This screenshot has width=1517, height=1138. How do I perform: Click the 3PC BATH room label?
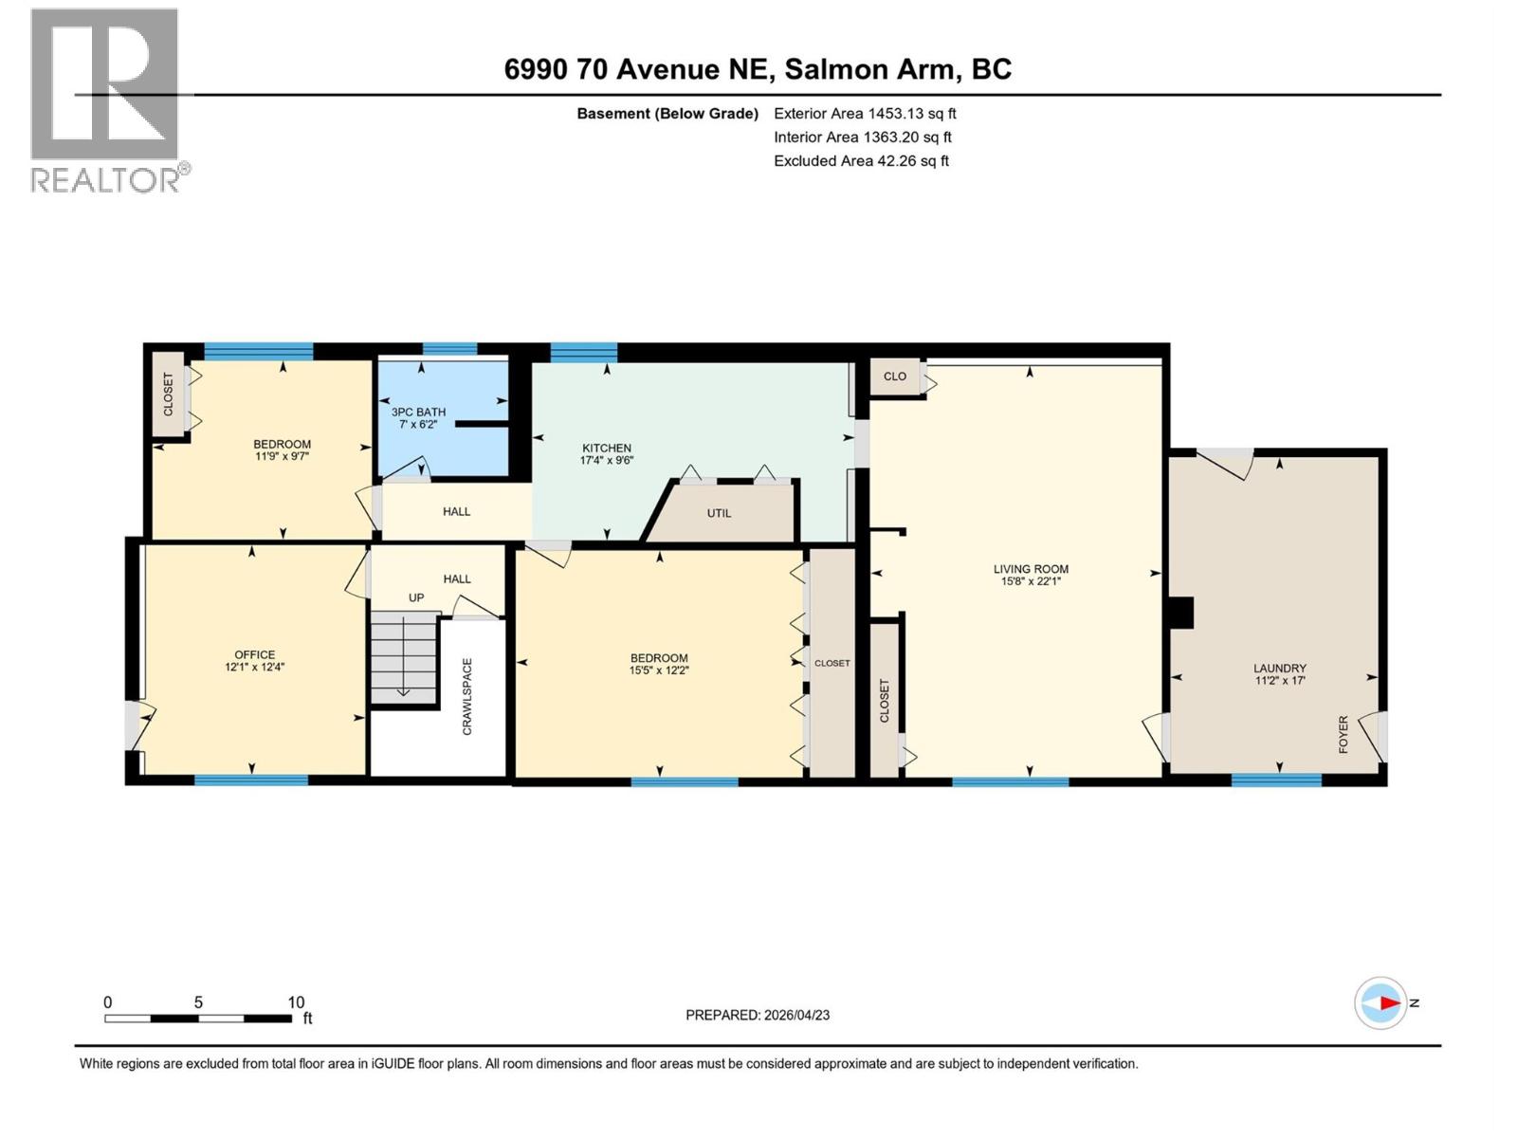(418, 412)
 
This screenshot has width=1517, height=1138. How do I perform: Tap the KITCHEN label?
(606, 448)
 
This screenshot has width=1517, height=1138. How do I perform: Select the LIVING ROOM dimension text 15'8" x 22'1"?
(1031, 581)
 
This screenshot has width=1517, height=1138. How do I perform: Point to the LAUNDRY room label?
(1279, 668)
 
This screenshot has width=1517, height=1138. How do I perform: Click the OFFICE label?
(254, 654)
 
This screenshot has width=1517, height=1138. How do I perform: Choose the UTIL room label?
(719, 513)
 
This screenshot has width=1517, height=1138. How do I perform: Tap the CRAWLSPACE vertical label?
(466, 696)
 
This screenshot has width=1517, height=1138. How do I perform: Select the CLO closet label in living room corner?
(894, 376)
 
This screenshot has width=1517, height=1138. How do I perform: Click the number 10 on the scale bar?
(296, 1002)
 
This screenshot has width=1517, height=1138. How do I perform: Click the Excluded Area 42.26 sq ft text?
(861, 161)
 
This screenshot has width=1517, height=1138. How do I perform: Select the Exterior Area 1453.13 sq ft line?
(865, 114)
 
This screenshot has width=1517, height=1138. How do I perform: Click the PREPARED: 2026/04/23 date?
(758, 1015)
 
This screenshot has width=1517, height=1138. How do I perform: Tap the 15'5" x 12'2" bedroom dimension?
(659, 670)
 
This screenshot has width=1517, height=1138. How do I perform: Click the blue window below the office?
(251, 780)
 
